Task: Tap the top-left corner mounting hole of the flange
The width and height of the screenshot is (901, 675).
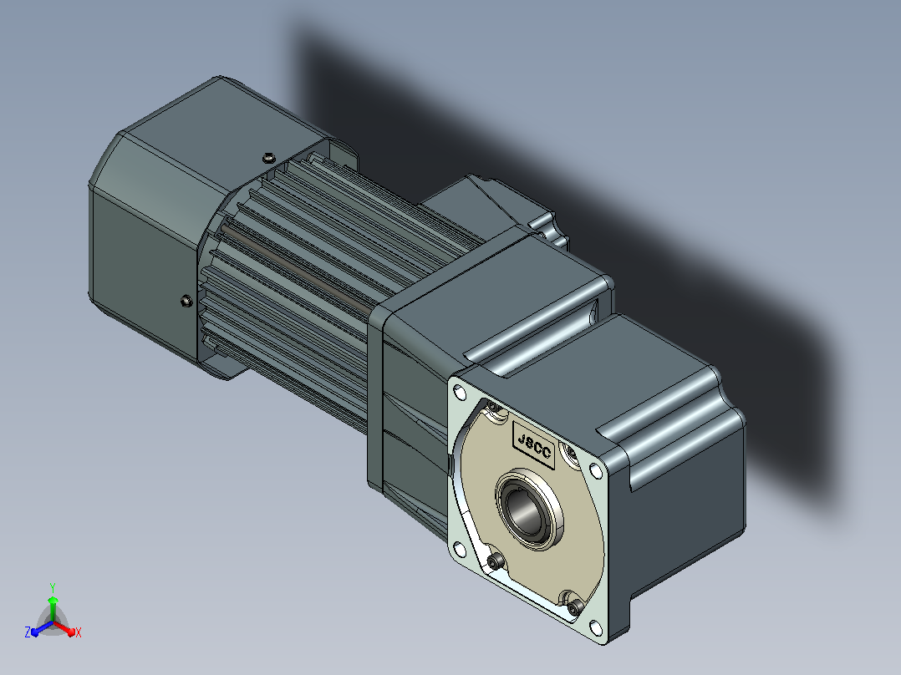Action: coord(459,393)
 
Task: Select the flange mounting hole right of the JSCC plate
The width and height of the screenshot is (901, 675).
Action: coord(597,472)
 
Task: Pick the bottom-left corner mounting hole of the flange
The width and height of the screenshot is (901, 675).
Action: coord(459,550)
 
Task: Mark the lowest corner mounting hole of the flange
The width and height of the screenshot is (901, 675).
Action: coord(597,628)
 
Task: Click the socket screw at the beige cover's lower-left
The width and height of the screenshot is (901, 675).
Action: coord(496,561)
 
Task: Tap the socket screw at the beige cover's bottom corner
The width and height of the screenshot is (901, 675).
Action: coord(575,606)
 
